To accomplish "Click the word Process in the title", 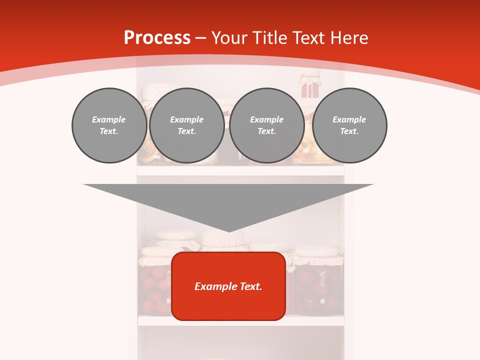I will click(157, 38).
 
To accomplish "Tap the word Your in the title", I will click(228, 38).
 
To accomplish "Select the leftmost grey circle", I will click(109, 125).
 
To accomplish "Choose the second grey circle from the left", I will click(187, 125).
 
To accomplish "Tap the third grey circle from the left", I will click(267, 125).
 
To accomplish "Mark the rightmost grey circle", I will click(349, 125).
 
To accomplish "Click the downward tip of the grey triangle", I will click(229, 230).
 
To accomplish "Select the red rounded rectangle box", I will click(228, 286).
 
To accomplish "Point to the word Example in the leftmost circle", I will click(109, 119).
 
